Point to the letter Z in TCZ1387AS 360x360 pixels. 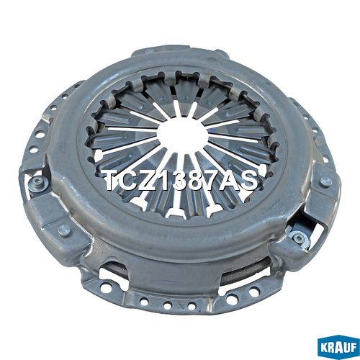point(147,180)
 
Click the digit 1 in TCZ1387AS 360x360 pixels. point(161,180)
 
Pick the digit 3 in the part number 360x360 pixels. point(178,180)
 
